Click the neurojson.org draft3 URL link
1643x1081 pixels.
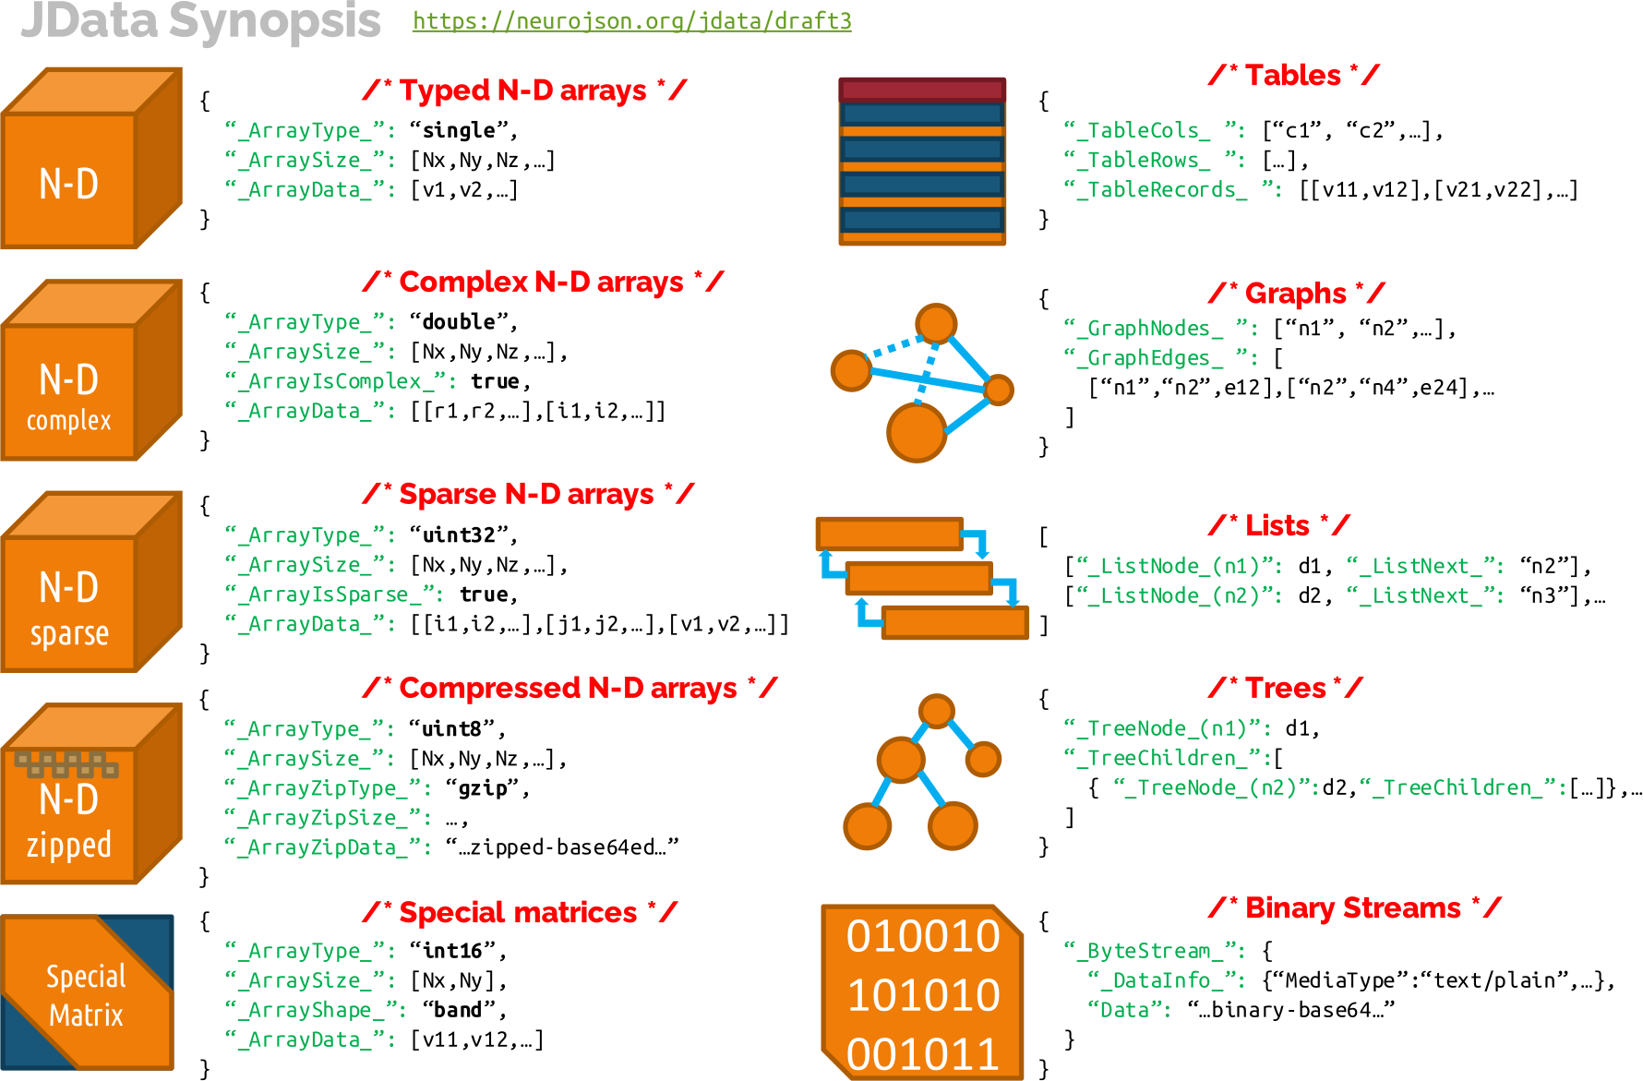pos(631,20)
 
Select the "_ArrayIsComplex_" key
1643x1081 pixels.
pos(341,381)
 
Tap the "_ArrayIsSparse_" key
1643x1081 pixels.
pos(334,595)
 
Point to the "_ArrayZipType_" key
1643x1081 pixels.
pos(328,788)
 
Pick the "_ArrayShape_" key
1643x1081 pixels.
pos(316,1010)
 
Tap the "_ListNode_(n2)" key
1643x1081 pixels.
pos(1180,596)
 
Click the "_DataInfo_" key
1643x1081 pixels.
pos(1166,980)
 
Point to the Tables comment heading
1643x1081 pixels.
pos(1292,76)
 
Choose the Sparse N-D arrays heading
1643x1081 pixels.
pos(527,494)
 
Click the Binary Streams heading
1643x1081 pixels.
pos(1353,908)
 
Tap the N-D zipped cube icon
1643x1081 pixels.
pos(90,794)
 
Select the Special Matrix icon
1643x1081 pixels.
pos(87,992)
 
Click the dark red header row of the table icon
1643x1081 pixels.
pos(921,90)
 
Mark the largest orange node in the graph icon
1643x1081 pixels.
pos(916,432)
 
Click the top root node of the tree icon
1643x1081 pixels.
pos(936,711)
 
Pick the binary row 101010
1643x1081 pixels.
pos(923,995)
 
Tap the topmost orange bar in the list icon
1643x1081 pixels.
pos(889,534)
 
